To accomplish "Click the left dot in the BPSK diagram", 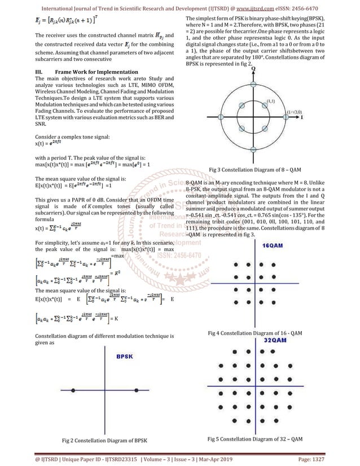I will pyautogui.click(x=74, y=390).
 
